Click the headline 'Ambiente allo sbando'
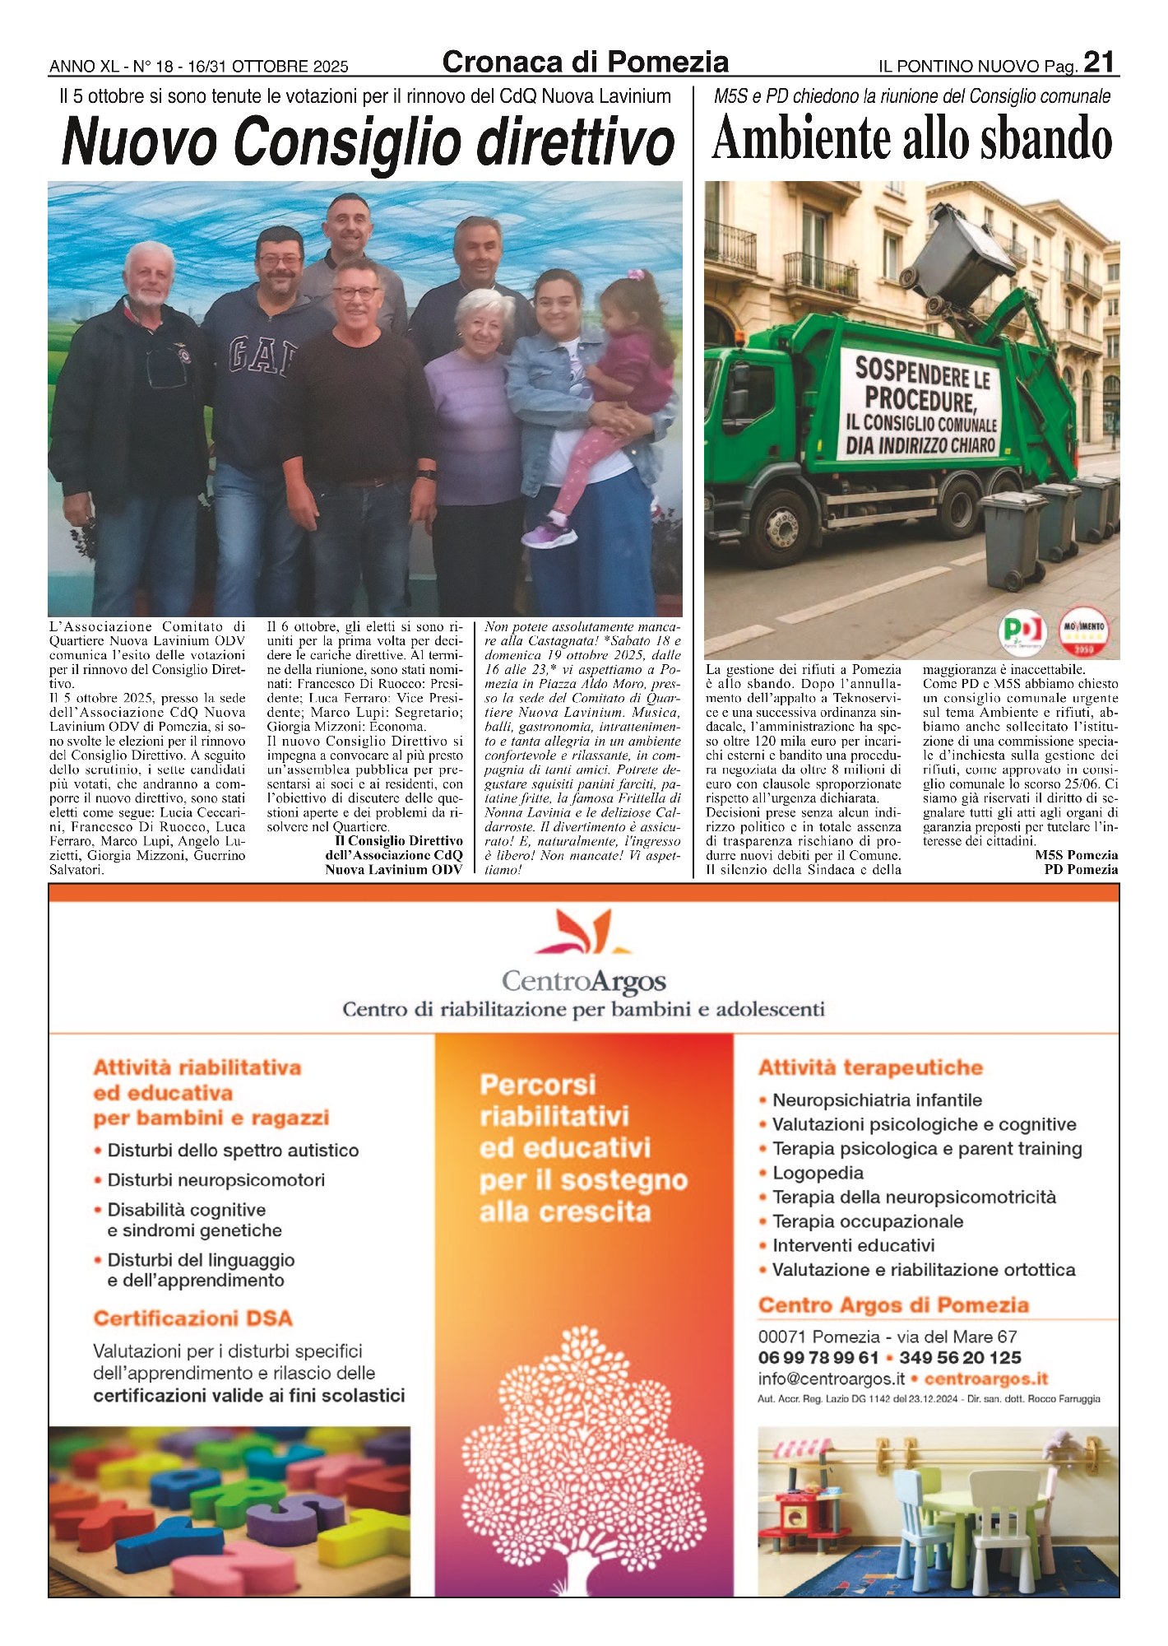[x=911, y=139]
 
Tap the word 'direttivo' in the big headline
[x=576, y=142]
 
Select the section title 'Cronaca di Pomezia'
[x=585, y=63]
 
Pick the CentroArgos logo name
[x=583, y=981]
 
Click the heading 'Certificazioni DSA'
[x=192, y=1318]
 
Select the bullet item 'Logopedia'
[x=818, y=1173]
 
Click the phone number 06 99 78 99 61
[x=818, y=1357]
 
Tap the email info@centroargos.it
[x=832, y=1379]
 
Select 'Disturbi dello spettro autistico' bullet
[x=233, y=1151]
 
